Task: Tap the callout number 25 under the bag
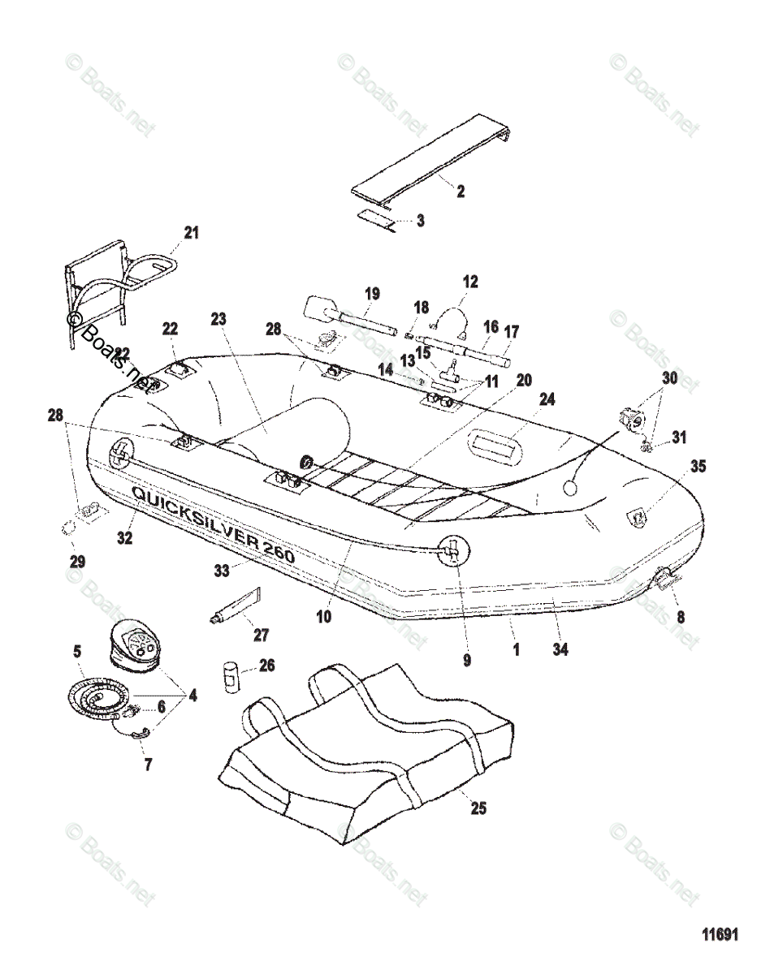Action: click(x=478, y=808)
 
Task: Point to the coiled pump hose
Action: click(x=97, y=697)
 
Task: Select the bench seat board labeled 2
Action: click(x=430, y=157)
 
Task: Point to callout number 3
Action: click(x=420, y=220)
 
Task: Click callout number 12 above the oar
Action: click(x=470, y=282)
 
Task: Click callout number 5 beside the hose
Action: click(x=76, y=650)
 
